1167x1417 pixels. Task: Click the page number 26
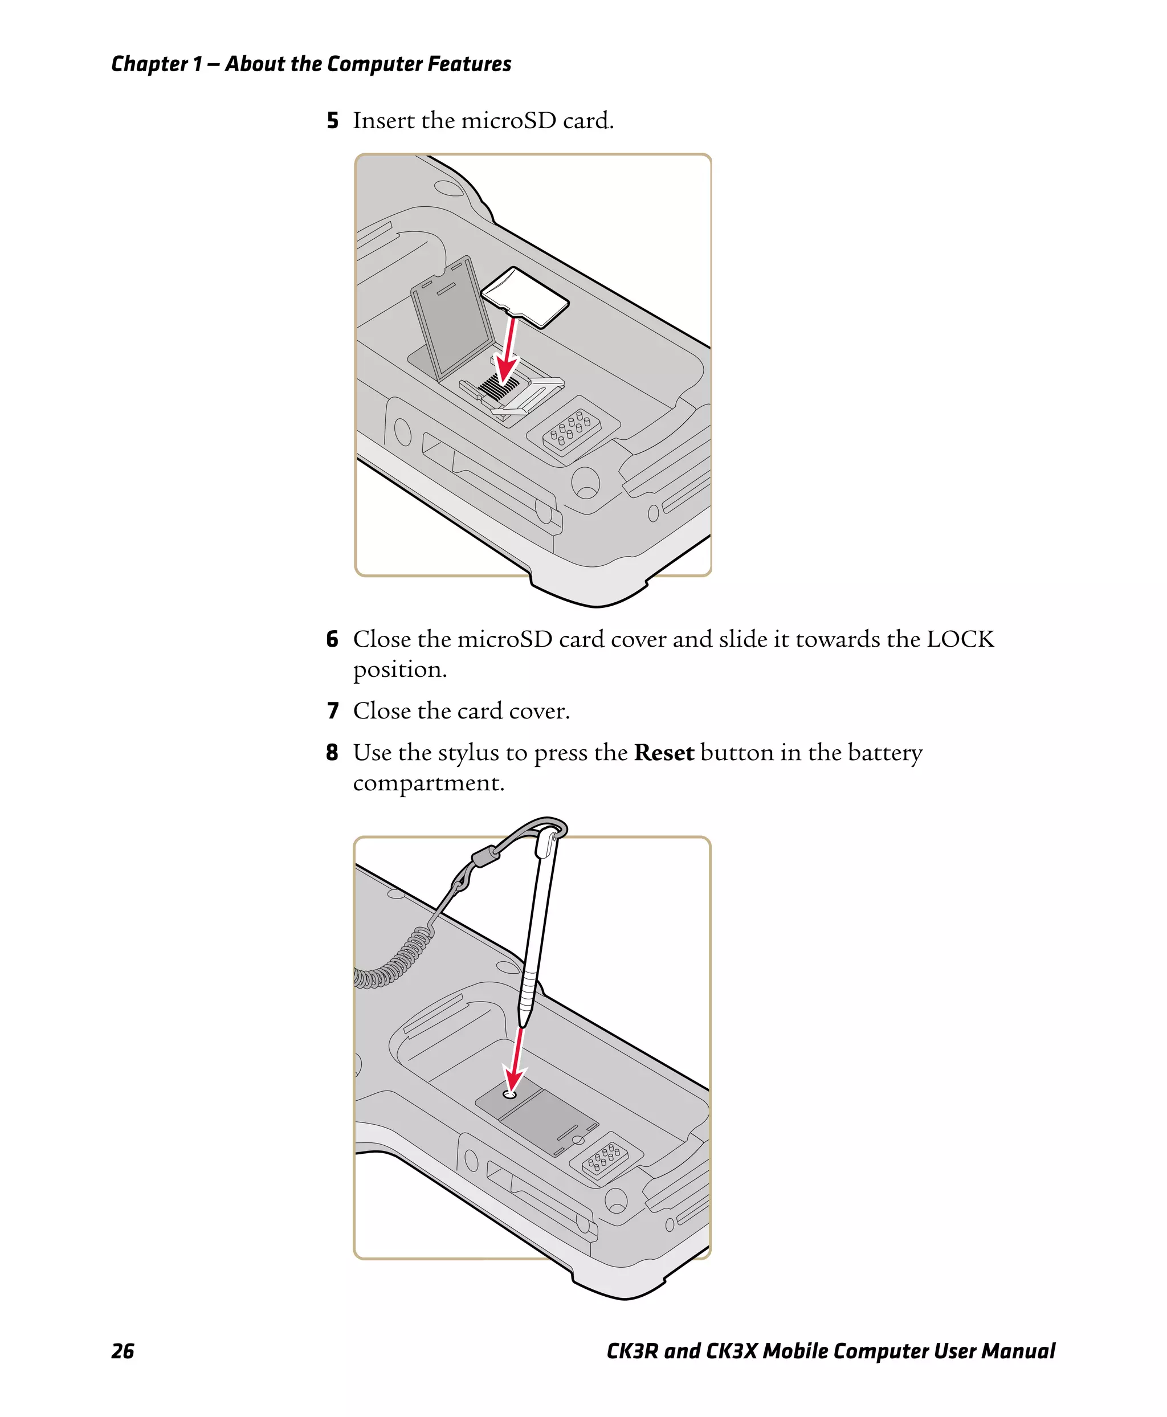tap(123, 1351)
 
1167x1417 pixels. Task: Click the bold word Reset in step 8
tap(663, 752)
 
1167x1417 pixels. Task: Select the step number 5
tap(332, 120)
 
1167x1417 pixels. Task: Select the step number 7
tap(332, 710)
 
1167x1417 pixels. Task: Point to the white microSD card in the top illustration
tap(526, 296)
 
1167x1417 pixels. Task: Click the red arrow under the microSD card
tap(509, 353)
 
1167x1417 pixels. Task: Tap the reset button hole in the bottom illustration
tap(510, 1094)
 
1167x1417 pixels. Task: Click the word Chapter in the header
tap(149, 64)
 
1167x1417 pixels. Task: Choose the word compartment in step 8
tap(428, 783)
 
